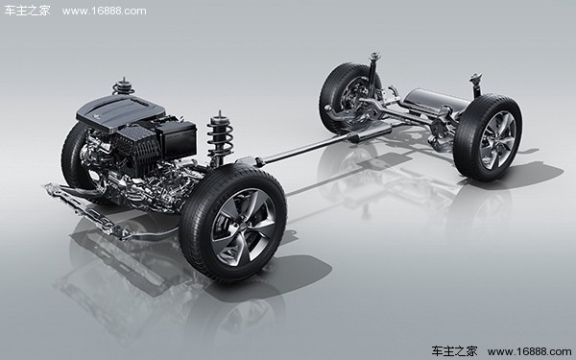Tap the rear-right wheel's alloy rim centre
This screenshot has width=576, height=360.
coord(497,140)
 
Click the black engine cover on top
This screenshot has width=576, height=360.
coord(120,111)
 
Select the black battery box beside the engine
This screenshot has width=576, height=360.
coord(177,139)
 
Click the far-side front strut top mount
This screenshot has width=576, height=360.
coord(124,86)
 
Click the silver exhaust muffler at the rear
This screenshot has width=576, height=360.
coord(437,100)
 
